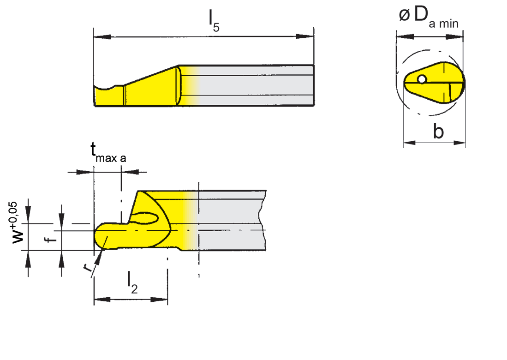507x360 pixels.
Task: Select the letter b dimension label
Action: pyautogui.click(x=438, y=132)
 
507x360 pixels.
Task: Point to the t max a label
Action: pyautogui.click(x=107, y=153)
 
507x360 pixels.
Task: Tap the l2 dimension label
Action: pyautogui.click(x=132, y=282)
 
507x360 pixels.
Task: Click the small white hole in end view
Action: pyautogui.click(x=421, y=80)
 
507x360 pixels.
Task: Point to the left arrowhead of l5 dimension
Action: pyautogui.click(x=99, y=37)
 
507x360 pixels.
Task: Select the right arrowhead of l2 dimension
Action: pyautogui.click(x=162, y=300)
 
